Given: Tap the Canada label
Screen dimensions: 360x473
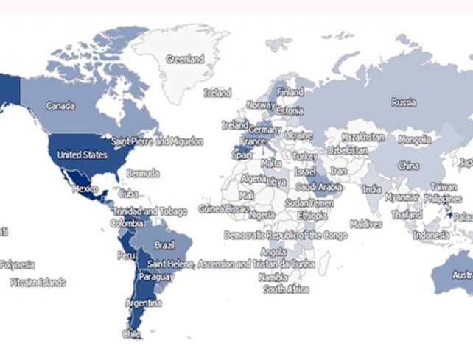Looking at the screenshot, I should [60, 106].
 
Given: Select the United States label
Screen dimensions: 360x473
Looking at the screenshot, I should [82, 155].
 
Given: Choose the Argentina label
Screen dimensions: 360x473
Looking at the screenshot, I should [144, 303].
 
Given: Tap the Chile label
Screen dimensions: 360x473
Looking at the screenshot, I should [130, 333].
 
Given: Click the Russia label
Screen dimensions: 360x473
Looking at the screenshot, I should [404, 102].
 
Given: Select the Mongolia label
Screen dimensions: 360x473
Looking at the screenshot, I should [415, 139].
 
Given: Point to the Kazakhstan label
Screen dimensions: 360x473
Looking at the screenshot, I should [363, 138].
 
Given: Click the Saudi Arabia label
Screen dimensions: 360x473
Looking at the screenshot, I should [318, 188].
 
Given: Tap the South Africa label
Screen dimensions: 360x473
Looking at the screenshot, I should [286, 289].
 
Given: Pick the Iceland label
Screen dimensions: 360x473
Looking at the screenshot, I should [217, 93].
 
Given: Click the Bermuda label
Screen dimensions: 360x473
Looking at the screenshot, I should [142, 174].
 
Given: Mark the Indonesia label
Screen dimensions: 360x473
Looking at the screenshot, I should [431, 236].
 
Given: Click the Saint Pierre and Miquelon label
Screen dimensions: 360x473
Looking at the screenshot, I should [157, 141].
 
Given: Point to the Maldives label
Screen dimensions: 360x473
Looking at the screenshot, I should [366, 224].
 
